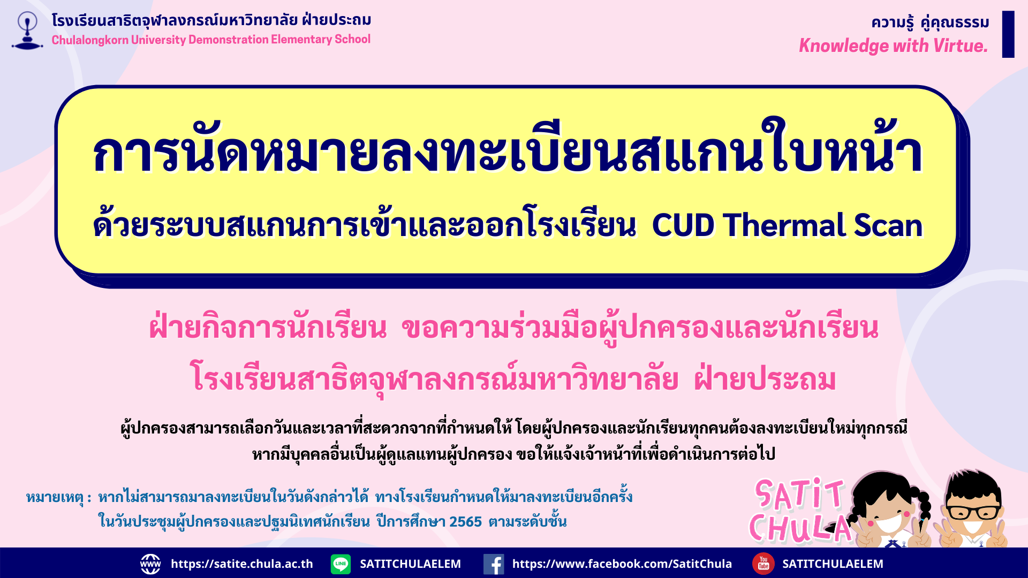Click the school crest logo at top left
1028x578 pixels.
pos(27,31)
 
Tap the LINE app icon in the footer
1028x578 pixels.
pos(341,564)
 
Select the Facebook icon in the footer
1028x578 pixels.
pos(494,564)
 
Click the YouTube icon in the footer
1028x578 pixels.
pos(764,564)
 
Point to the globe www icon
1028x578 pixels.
pos(150,564)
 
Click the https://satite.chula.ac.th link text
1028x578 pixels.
pos(242,564)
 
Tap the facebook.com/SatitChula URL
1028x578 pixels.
pos(622,564)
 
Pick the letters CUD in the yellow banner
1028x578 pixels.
pos(683,225)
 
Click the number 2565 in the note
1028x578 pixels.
pos(465,522)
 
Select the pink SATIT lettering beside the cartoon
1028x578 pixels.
pos(799,493)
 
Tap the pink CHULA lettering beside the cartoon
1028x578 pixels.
pos(800,528)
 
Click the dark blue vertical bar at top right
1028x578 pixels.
pos(1008,34)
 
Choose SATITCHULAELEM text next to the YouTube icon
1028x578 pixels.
pos(833,564)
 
